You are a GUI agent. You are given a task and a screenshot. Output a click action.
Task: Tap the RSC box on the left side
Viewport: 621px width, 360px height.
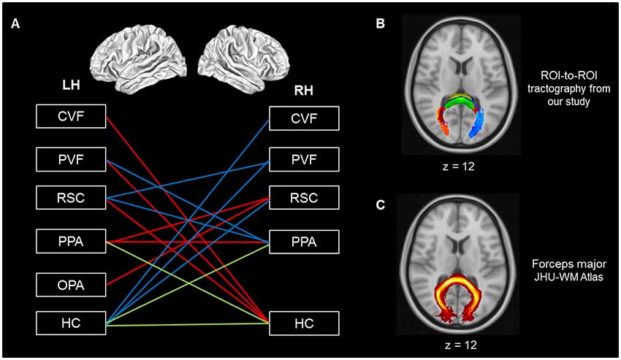[71, 198]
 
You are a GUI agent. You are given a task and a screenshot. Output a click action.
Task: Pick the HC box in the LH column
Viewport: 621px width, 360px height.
[71, 322]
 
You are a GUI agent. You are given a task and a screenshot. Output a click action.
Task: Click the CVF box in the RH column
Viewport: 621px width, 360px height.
[303, 118]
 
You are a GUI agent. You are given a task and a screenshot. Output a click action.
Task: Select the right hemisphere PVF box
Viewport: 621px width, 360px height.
[303, 159]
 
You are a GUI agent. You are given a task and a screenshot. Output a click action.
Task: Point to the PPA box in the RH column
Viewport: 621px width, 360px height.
[303, 241]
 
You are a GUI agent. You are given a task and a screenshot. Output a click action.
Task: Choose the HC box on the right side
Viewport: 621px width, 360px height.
[303, 322]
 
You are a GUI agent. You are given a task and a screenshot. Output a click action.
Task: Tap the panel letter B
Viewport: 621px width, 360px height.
[380, 24]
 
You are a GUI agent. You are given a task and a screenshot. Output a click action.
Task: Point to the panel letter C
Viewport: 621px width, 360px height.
[380, 205]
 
